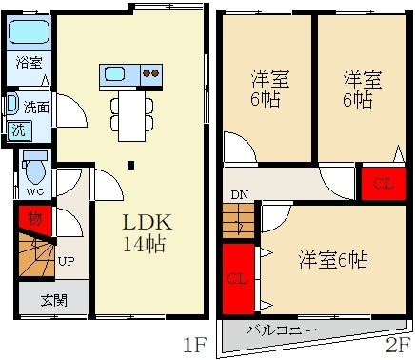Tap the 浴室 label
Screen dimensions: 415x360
coord(28,64)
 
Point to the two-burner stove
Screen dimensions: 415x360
coord(150,73)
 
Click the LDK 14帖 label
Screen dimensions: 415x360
coord(144,231)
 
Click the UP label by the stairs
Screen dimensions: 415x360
coord(68,260)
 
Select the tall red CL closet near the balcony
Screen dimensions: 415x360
coord(237,279)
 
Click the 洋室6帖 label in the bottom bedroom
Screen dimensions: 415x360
coord(333,259)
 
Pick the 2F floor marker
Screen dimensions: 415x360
coord(397,341)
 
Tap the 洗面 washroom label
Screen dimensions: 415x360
coord(36,107)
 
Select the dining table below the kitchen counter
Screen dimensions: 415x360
coord(129,111)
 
